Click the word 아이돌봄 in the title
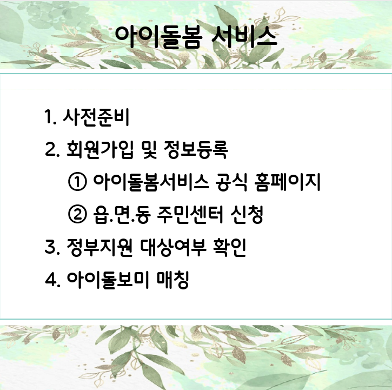pyautogui.click(x=158, y=37)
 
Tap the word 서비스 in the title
pyautogui.click(x=244, y=37)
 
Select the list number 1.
pyautogui.click(x=50, y=117)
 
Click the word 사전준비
pyautogui.click(x=96, y=117)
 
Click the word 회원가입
pyautogui.click(x=99, y=149)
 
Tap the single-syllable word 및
pyautogui.click(x=148, y=149)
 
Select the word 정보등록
pyautogui.click(x=196, y=149)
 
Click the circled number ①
pyautogui.click(x=77, y=182)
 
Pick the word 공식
pyautogui.click(x=231, y=182)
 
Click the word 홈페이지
pyautogui.click(x=287, y=182)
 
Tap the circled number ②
pyautogui.click(x=77, y=214)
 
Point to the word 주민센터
pyautogui.click(x=190, y=214)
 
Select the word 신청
pyautogui.click(x=247, y=214)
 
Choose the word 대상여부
pyautogui.click(x=173, y=247)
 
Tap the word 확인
pyautogui.click(x=229, y=247)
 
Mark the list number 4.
pyautogui.click(x=52, y=279)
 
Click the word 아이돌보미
pyautogui.click(x=108, y=279)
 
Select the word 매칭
pyautogui.click(x=172, y=279)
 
